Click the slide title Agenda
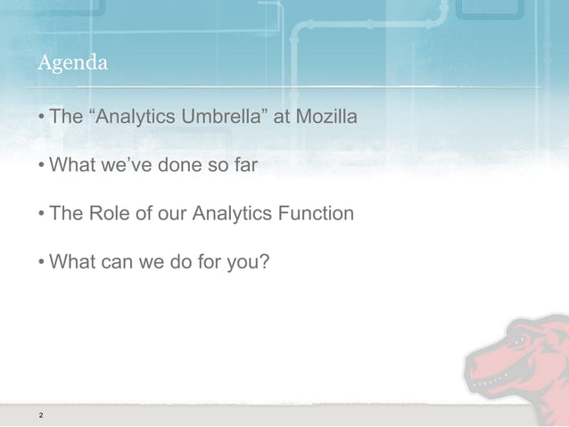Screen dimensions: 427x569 click(72, 63)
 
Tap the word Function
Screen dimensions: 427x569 click(319, 215)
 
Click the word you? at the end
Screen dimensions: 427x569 click(248, 264)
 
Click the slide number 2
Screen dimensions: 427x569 click(40, 416)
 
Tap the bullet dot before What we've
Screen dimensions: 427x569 click(42, 167)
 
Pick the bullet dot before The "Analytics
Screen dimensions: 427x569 click(42, 118)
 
